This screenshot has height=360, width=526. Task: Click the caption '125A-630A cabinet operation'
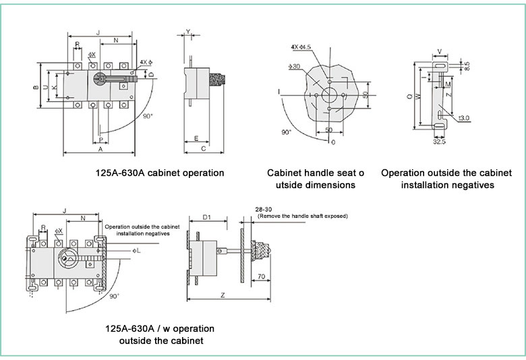coord(160,173)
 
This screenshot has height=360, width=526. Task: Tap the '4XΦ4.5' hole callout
coord(301,47)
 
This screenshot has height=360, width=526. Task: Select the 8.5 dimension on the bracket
coord(467,65)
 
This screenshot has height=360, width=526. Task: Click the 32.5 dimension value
coord(439,142)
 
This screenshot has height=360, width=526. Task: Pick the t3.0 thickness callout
coord(464,118)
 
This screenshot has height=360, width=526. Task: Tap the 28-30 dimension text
coord(264,209)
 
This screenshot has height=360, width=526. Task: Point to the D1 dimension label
coord(207,217)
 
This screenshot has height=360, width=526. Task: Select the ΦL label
coord(137,251)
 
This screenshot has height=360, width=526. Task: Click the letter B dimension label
coord(36,88)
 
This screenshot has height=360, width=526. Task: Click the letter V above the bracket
coord(440,51)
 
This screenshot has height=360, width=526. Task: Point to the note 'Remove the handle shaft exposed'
coord(302,216)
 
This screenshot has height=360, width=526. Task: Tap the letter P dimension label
coord(100,140)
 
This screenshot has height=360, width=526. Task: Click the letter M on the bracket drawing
coord(448,86)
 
